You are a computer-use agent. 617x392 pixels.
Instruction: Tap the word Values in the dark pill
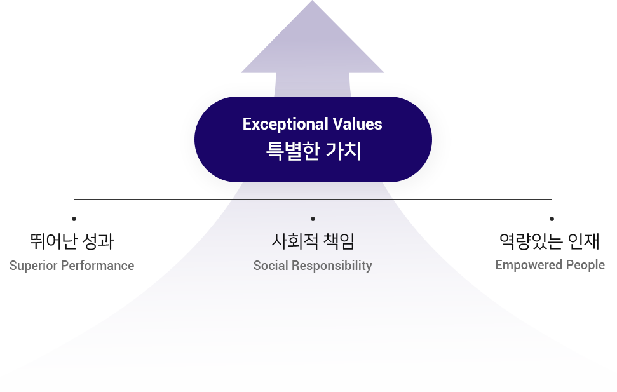tap(357, 124)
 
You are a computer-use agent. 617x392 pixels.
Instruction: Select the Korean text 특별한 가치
tap(314, 151)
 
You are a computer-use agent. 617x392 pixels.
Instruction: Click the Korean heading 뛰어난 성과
tap(72, 241)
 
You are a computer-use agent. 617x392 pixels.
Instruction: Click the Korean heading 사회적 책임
tap(313, 241)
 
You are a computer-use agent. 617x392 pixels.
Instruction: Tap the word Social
tap(271, 266)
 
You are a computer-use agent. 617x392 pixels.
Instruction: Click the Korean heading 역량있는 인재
tap(550, 241)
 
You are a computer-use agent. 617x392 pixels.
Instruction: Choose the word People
tap(585, 266)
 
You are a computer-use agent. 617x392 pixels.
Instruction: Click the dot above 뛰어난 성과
tap(74, 219)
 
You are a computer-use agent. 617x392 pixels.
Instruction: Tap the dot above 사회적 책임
tap(313, 219)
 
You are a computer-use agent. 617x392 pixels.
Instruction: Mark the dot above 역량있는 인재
tap(552, 219)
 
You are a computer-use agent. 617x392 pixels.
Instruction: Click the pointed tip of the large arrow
tap(313, 1)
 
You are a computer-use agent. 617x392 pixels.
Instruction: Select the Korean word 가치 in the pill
tap(344, 151)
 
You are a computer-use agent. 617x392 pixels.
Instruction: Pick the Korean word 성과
tap(98, 241)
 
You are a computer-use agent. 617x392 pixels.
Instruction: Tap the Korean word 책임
tap(339, 241)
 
